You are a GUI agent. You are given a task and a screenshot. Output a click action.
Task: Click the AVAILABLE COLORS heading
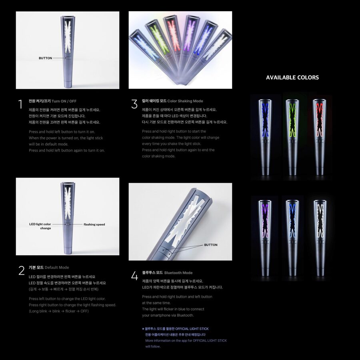tap(292, 78)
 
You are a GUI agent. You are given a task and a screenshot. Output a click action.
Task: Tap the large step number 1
tap(20, 105)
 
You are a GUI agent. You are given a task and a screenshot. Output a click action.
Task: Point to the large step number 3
tap(134, 104)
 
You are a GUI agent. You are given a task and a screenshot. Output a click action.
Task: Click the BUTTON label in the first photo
tap(45, 58)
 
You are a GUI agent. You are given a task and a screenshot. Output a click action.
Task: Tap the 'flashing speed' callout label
tap(94, 224)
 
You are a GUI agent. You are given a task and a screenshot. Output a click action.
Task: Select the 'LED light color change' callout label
tap(40, 226)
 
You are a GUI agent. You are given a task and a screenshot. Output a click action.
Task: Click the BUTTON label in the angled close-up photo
tap(211, 245)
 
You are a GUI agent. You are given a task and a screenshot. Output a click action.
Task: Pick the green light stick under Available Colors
tap(293, 136)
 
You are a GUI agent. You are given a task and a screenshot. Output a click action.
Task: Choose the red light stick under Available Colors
tap(320, 136)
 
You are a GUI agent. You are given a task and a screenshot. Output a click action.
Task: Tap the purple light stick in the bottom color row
tap(265, 236)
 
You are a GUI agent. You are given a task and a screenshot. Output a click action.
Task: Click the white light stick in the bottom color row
tap(320, 236)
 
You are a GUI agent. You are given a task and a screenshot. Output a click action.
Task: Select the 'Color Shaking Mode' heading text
tap(185, 101)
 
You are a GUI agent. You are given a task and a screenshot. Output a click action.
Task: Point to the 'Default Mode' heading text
tap(57, 268)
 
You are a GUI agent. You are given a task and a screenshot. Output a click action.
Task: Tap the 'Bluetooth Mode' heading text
tap(178, 273)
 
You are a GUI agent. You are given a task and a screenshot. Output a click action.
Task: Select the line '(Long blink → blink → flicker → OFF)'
tap(59, 311)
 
